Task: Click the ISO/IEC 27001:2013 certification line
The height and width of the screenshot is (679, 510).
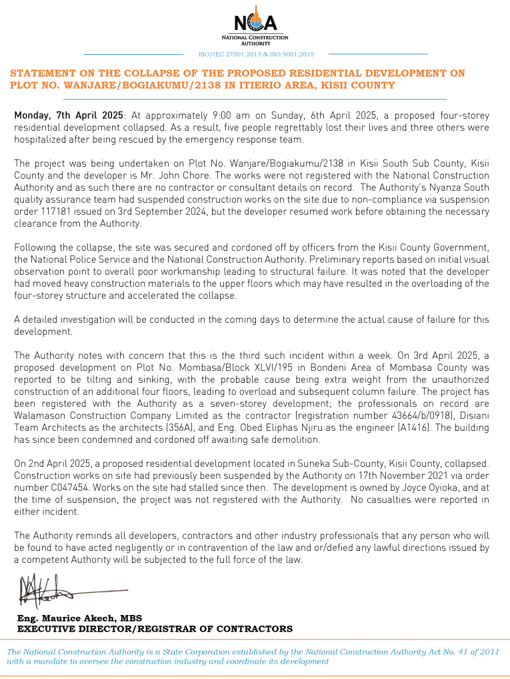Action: [x=256, y=54]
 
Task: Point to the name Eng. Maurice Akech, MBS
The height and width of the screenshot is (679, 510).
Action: [x=79, y=618]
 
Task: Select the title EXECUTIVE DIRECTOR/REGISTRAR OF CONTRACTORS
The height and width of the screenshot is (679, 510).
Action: [x=155, y=628]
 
